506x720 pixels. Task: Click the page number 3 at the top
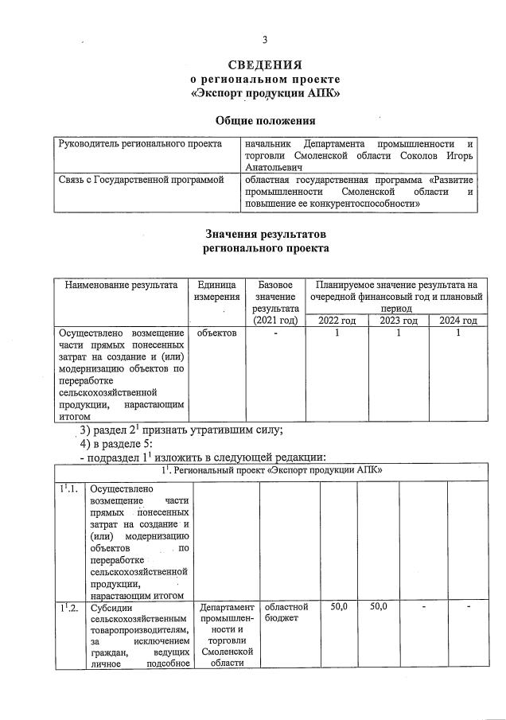266,41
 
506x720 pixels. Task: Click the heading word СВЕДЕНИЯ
265,64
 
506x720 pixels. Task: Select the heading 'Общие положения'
265,120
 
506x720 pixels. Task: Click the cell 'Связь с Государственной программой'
142,181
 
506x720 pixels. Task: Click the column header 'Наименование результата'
120,285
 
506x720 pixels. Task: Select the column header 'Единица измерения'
214,290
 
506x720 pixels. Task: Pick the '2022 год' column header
337,321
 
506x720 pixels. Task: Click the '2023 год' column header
398,321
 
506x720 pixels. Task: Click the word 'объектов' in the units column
216,333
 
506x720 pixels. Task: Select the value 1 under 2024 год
457,333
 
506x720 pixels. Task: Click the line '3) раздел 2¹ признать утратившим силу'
181,430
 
